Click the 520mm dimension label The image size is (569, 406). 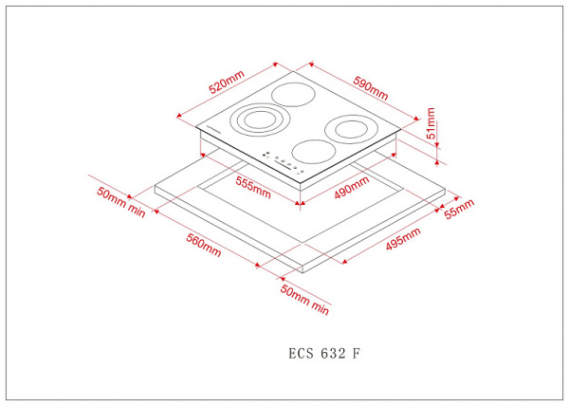tap(226, 83)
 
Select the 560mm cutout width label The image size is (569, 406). tap(203, 245)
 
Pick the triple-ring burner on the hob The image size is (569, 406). tap(254, 120)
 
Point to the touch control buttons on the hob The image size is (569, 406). tap(281, 162)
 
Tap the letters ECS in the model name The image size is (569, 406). tap(301, 353)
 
